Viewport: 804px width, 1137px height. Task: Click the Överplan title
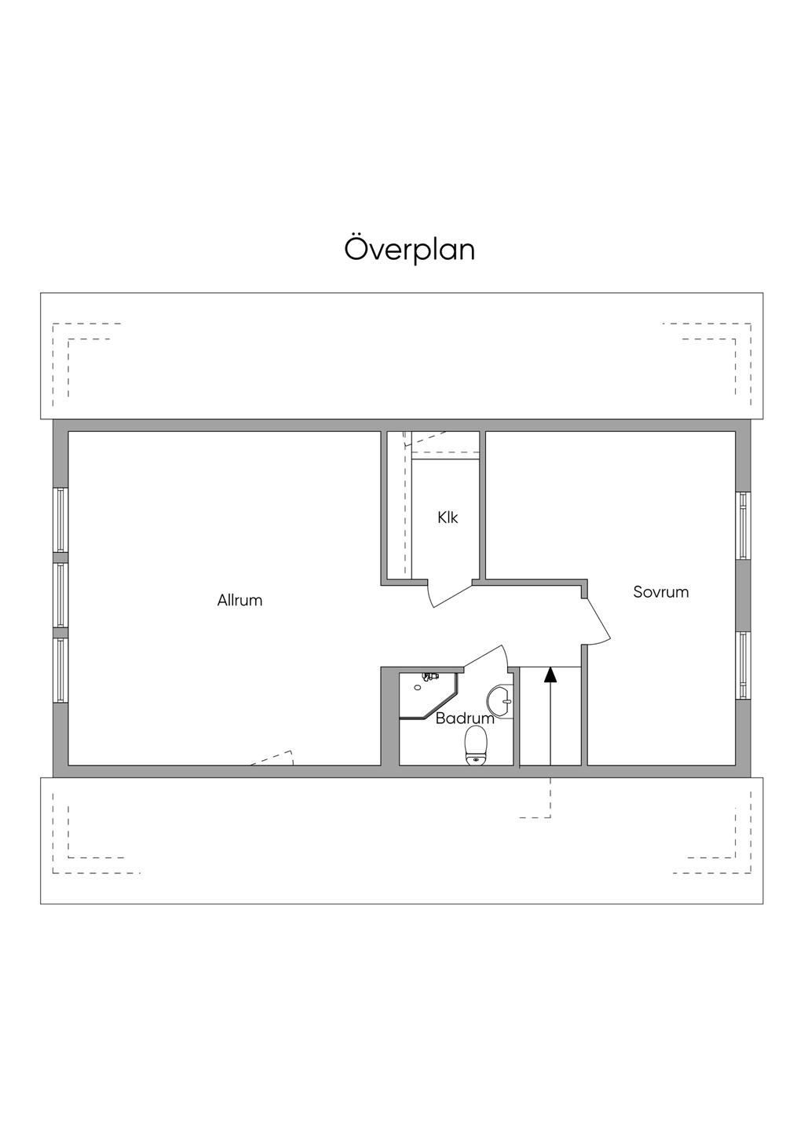click(410, 250)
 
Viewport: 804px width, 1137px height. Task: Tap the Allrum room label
click(239, 601)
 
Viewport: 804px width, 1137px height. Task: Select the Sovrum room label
click(660, 592)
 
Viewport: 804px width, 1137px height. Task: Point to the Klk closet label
click(448, 517)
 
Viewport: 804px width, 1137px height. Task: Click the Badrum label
click(465, 718)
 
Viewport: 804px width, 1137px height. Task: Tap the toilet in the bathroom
click(476, 744)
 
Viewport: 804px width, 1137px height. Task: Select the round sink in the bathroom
click(499, 700)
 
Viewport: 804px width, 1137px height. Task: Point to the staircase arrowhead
click(550, 674)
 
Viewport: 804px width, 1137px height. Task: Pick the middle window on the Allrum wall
click(60, 594)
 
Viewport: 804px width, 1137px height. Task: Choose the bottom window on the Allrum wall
click(60, 670)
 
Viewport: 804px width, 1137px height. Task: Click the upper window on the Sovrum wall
click(743, 525)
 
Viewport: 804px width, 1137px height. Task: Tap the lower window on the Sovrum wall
click(743, 664)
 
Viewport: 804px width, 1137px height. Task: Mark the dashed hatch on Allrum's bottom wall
click(273, 759)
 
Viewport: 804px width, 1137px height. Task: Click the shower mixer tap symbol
click(429, 676)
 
